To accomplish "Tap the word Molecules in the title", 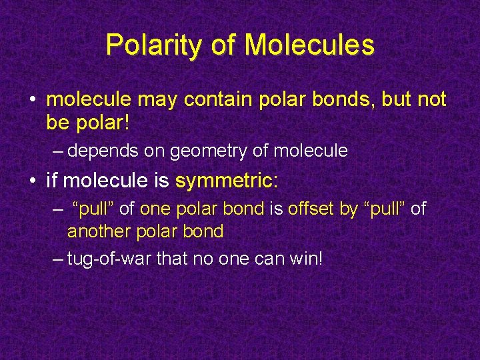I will click(309, 45).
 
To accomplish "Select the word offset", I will click(311, 209).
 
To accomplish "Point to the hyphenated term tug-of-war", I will click(109, 258).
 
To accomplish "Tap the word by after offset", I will click(349, 209).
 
